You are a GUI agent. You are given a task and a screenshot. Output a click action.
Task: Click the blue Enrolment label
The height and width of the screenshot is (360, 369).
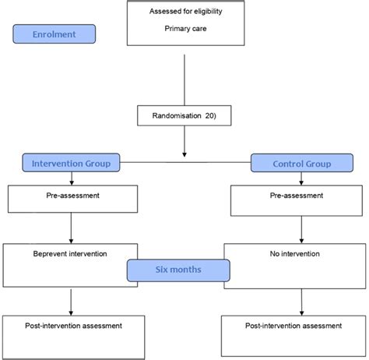click(x=54, y=34)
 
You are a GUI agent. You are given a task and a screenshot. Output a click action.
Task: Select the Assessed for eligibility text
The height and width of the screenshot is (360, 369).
click(x=184, y=11)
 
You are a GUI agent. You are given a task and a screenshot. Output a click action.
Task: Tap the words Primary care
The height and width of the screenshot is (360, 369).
click(x=184, y=29)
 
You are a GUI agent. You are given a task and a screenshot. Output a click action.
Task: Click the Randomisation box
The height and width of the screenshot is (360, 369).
click(x=184, y=115)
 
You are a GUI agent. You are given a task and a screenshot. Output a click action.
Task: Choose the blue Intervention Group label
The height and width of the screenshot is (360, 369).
click(x=71, y=163)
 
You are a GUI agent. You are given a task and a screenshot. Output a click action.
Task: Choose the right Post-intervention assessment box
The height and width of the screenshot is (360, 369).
click(x=293, y=333)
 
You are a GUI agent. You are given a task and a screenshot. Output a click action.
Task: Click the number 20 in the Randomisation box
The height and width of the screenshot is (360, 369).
click(x=211, y=115)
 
